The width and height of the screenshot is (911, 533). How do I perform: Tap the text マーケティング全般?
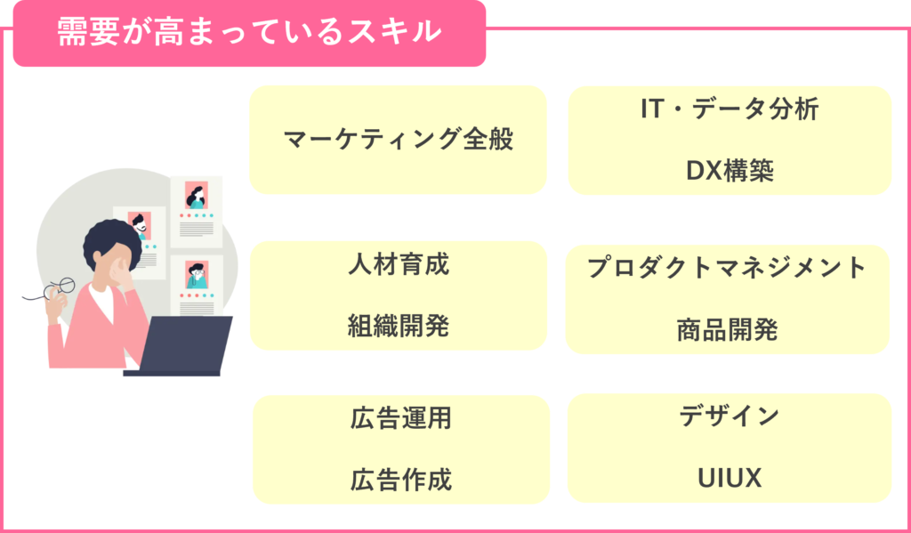point(399,139)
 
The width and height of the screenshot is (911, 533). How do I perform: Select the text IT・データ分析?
point(730,109)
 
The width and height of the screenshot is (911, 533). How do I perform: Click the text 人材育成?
point(399,264)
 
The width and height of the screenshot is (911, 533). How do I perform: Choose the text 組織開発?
point(399,326)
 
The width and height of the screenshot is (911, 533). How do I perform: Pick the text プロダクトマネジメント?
point(727,268)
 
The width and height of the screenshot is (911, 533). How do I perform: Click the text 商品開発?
point(727,329)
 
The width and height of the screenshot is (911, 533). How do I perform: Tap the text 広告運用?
point(401,418)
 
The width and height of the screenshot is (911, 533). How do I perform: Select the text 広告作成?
point(401,480)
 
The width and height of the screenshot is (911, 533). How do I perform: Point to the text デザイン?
point(730,416)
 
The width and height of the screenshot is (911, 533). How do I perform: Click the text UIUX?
point(730,478)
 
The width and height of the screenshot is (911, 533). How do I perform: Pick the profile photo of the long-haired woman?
point(196,195)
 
